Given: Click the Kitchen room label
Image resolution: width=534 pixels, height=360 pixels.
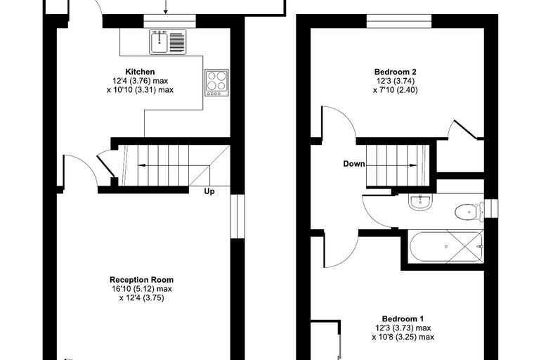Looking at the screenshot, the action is tap(140, 72).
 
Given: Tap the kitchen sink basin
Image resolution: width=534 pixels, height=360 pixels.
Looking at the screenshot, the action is tap(159, 41).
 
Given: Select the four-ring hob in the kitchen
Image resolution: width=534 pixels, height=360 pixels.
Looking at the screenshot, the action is tap(216, 82).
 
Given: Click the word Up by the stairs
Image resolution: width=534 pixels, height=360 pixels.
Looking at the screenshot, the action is tap(209, 191).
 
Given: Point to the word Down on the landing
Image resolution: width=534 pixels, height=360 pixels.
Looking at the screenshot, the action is tap(354, 164).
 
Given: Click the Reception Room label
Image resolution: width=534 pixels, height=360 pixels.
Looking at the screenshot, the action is tap(141, 280).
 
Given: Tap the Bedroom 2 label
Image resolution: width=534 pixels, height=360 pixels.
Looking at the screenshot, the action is tap(395, 72).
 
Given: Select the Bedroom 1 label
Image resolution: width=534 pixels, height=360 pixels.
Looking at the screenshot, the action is tap(403, 319).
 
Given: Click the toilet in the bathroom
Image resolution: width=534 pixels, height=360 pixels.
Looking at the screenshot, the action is tap(469, 212).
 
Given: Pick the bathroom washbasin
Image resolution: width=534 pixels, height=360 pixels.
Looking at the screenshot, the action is tap(420, 202).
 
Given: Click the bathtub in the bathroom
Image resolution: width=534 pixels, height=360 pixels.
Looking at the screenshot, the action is tap(446, 247).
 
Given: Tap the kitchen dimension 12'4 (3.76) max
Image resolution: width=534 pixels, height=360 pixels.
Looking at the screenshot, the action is tap(141, 81).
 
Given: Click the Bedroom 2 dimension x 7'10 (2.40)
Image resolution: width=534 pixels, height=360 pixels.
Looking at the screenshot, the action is tap(395, 90).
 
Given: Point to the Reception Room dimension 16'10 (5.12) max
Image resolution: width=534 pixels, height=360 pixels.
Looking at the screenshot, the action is tap(141, 289).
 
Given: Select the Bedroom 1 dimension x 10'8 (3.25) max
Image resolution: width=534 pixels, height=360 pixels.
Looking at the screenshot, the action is tap(403, 337).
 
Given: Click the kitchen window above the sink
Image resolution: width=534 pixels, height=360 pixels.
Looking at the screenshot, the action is tap(169, 21).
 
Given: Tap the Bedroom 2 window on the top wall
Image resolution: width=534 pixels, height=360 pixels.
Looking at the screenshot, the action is tap(399, 21).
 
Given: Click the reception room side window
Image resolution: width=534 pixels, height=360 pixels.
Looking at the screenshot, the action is tap(237, 216).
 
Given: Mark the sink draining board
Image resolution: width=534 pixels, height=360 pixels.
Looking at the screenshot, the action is tap(176, 42).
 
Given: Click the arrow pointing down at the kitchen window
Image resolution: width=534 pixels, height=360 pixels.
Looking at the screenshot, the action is tap(166, 7).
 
